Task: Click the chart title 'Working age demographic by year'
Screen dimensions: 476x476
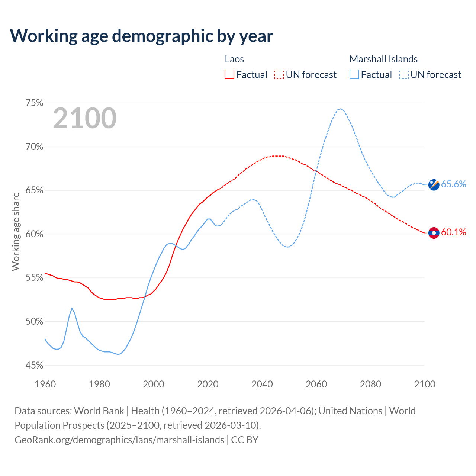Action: point(141,36)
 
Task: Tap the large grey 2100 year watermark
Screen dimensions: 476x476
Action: point(85,118)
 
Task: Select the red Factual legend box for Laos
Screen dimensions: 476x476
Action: point(229,75)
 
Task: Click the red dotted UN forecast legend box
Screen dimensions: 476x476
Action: point(279,75)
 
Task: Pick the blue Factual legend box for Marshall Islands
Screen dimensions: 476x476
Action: point(354,75)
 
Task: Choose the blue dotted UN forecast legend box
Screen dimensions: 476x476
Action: point(404,75)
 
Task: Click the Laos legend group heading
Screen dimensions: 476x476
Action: point(234,59)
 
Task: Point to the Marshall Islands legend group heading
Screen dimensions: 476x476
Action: point(383,59)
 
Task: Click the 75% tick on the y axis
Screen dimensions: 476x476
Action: point(35,103)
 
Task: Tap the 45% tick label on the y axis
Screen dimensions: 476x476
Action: point(35,365)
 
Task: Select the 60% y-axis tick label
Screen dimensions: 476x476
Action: point(35,234)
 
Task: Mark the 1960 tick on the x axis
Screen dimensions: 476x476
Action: point(45,384)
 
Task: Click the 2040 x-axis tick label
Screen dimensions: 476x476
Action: point(262,384)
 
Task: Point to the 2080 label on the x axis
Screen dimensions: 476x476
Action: point(370,384)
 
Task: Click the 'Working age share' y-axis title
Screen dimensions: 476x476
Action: point(16,231)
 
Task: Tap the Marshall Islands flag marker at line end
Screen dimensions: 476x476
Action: point(434,184)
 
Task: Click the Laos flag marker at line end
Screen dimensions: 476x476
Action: point(434,233)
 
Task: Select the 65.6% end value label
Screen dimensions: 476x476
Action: point(453,184)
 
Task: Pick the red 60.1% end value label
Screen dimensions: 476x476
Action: point(453,232)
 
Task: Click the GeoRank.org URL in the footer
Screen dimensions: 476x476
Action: point(119,440)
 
